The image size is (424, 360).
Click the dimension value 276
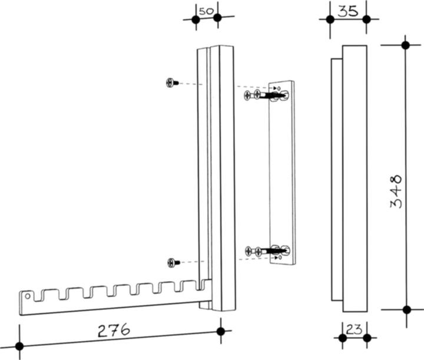[114, 330]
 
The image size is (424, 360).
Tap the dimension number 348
[396, 191]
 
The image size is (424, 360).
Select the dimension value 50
[206, 11]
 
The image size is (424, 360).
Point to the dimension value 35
[348, 11]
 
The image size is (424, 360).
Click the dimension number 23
[354, 329]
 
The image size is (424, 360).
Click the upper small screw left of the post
[172, 82]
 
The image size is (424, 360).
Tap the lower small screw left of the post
[173, 263]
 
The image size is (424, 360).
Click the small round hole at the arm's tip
[27, 296]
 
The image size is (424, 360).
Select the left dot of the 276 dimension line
[19, 346]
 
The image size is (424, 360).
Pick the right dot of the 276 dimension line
[221, 331]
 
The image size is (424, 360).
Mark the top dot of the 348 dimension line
[405, 45]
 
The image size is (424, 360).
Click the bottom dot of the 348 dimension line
[407, 310]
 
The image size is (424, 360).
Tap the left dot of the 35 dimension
[330, 19]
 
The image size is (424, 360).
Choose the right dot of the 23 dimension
[367, 338]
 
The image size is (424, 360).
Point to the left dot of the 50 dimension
[196, 20]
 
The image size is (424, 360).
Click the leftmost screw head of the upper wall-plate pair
[247, 95]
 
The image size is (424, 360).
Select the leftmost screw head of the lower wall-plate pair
[249, 251]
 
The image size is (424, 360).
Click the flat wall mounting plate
[281, 173]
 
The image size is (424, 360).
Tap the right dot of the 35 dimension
[366, 19]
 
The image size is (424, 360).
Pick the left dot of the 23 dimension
[343, 338]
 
